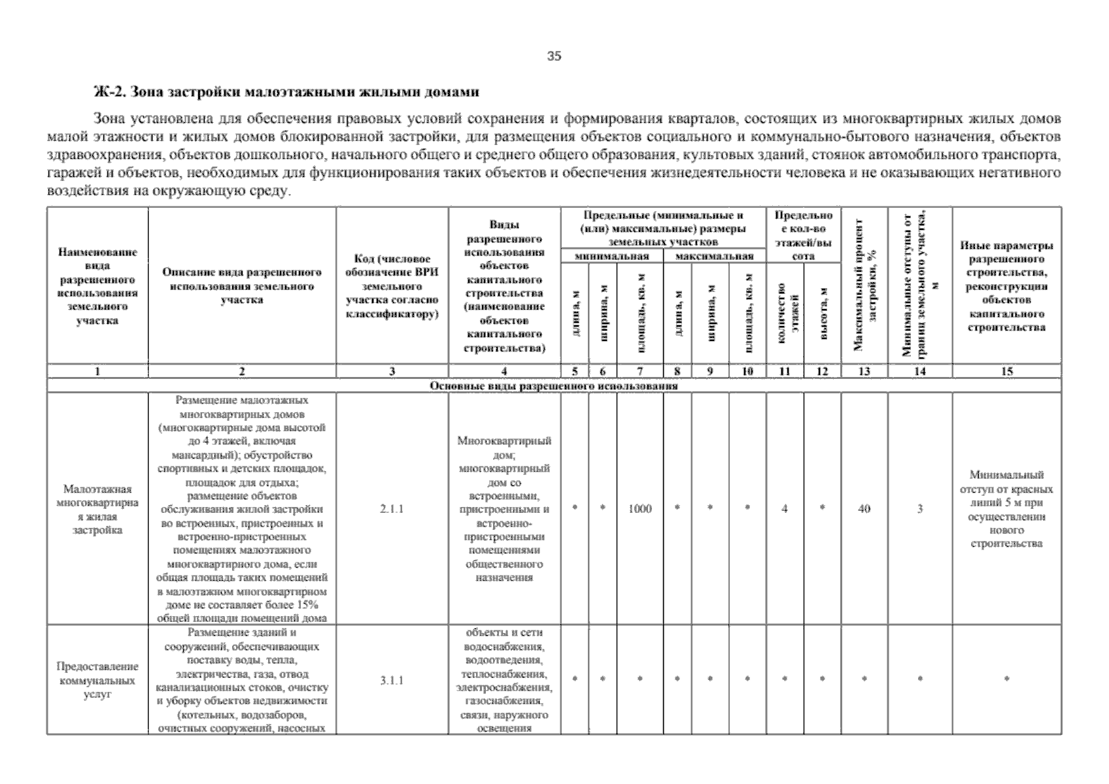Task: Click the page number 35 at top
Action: tap(554, 56)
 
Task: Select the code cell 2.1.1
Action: tap(392, 508)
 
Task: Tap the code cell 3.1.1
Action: tap(392, 680)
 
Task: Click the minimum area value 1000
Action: tap(640, 508)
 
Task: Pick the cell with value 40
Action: tap(864, 508)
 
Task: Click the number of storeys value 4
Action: tap(784, 508)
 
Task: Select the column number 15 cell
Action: tap(1006, 371)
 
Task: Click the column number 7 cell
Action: tap(640, 371)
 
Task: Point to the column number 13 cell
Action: tap(864, 371)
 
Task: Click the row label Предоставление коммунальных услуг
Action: tap(97, 680)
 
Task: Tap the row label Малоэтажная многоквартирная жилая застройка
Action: tap(97, 510)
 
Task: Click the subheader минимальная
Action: tap(611, 257)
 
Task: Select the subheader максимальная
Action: tap(714, 257)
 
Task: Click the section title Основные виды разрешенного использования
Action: tap(553, 385)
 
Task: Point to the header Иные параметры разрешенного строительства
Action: tap(1006, 286)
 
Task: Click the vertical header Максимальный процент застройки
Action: tap(864, 286)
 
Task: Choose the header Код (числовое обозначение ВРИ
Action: tap(392, 287)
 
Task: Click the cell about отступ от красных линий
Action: tap(1006, 509)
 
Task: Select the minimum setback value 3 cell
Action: tap(919, 508)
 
